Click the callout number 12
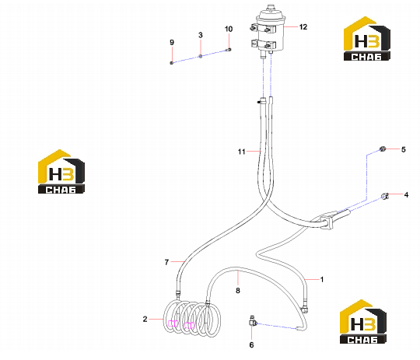pyautogui.click(x=303, y=26)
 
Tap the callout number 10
pyautogui.click(x=229, y=29)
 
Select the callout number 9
pyautogui.click(x=172, y=42)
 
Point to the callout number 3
pyautogui.click(x=201, y=35)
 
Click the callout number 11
pyautogui.click(x=242, y=152)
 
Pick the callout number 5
pyautogui.click(x=404, y=149)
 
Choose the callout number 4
pyautogui.click(x=406, y=194)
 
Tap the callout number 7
pyautogui.click(x=166, y=262)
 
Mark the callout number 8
pyautogui.click(x=238, y=290)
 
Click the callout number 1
pyautogui.click(x=322, y=279)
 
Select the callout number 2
pyautogui.click(x=145, y=319)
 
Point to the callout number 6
pyautogui.click(x=251, y=344)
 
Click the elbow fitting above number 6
pyautogui.click(x=252, y=321)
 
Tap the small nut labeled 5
pyautogui.click(x=383, y=149)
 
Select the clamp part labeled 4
pyautogui.click(x=385, y=196)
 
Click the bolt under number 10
pyautogui.click(x=229, y=50)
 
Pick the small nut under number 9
pyautogui.click(x=172, y=63)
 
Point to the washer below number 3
pyautogui.click(x=201, y=56)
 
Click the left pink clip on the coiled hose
pyautogui.click(x=173, y=323)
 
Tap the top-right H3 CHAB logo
pyautogui.click(x=366, y=38)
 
